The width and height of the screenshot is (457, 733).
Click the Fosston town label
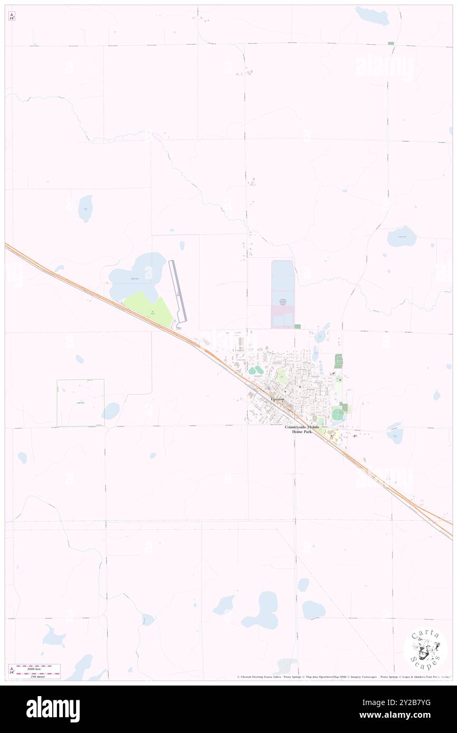277,399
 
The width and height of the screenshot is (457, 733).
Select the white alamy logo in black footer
53,709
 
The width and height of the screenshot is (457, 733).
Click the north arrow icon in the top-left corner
12,16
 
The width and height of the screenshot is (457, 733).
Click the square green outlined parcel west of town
80,402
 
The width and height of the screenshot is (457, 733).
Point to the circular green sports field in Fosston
338,415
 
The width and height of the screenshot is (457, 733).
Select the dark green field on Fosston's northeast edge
338,362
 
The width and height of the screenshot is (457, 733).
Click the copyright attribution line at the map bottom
343,677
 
